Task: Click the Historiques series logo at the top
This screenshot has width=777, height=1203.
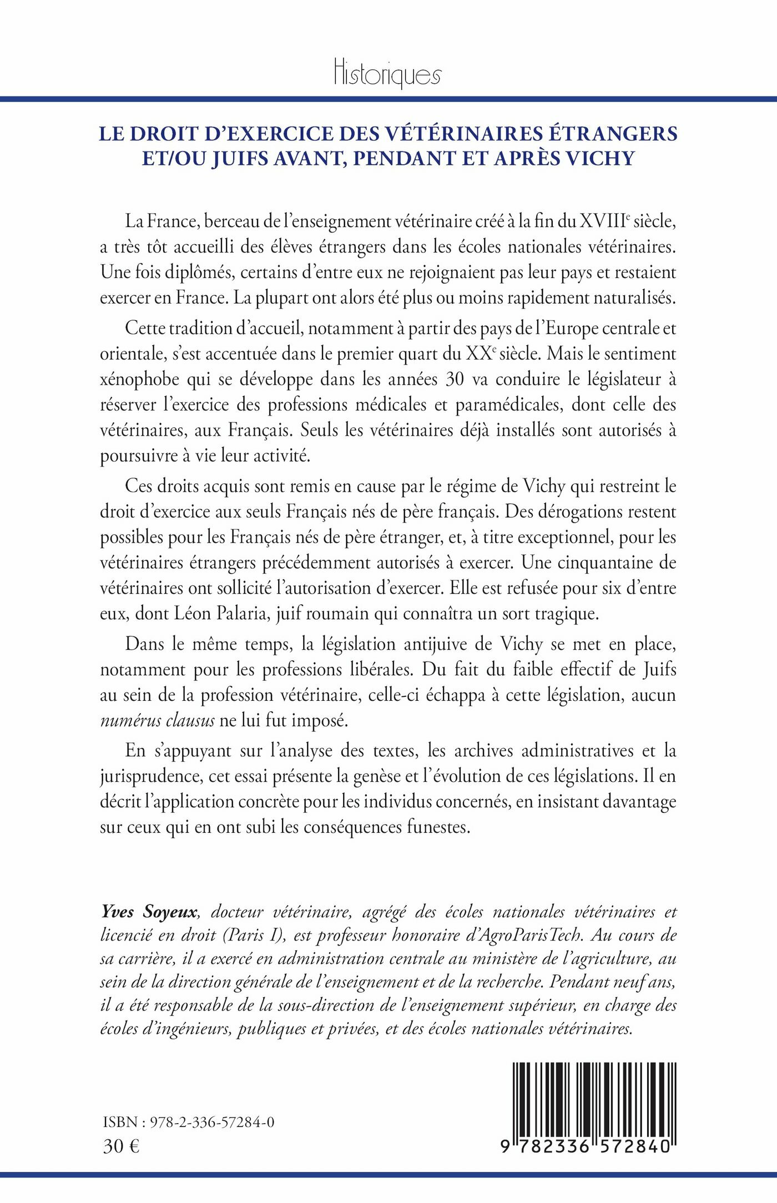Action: tap(387, 73)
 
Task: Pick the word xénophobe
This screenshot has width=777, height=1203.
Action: tap(139, 380)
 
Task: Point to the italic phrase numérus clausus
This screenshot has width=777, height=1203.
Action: tap(157, 721)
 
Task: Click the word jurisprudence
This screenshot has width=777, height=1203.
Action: tap(150, 776)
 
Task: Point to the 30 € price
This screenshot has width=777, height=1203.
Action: tap(121, 1146)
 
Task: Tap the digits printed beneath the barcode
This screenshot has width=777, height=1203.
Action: tap(586, 1146)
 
